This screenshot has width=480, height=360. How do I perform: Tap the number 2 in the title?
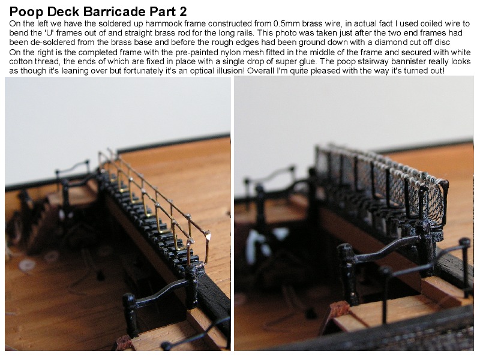tap(183, 11)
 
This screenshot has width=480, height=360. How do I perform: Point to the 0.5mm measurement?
tap(287, 24)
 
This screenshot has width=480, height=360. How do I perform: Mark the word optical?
tap(208, 71)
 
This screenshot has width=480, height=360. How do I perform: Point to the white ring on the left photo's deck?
tap(26, 265)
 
